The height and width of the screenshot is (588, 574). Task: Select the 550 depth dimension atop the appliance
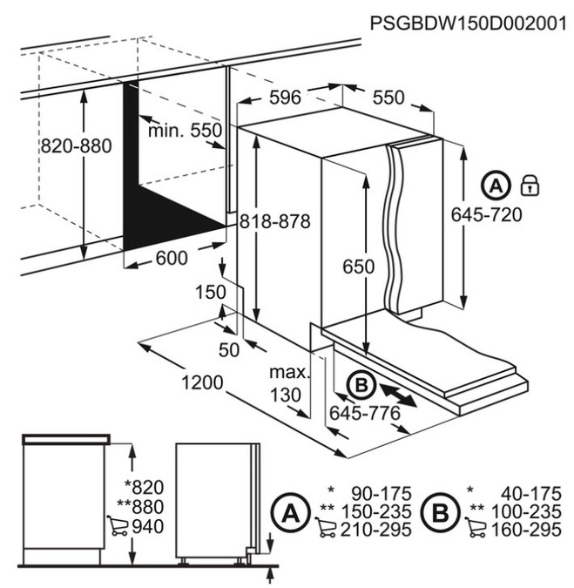click(388, 98)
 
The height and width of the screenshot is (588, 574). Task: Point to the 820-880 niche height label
click(77, 146)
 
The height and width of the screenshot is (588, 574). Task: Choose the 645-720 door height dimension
click(488, 214)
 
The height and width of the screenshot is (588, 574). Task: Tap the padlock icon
click(528, 185)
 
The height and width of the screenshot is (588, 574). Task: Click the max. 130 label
click(291, 383)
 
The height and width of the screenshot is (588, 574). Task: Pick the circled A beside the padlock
click(495, 185)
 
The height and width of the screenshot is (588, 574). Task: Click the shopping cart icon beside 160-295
click(476, 527)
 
